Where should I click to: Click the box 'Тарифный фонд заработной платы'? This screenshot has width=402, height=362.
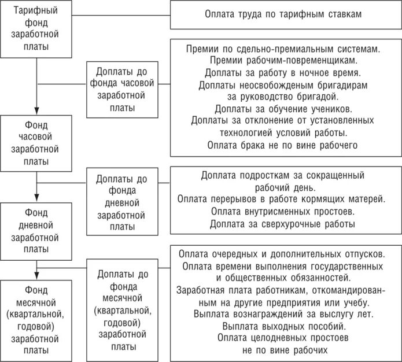click(36, 29)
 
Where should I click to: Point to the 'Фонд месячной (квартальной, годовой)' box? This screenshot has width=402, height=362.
click(36, 317)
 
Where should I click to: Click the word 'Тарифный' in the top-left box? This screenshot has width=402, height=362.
click(36, 12)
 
